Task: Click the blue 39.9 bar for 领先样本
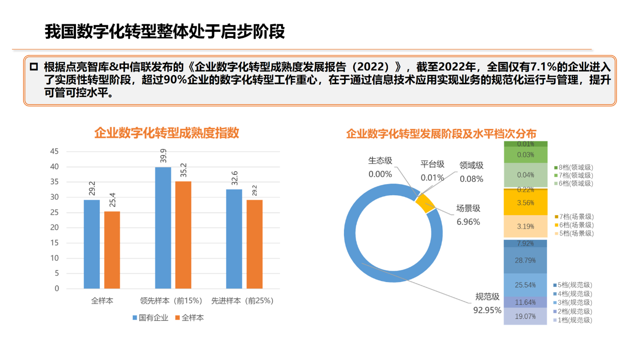point(163,228)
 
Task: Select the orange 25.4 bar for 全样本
point(112,250)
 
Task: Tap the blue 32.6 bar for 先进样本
point(234,238)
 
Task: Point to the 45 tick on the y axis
point(54,152)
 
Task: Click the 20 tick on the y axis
point(54,228)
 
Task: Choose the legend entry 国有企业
point(150,318)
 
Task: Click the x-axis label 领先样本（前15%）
point(171,301)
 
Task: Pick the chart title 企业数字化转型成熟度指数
point(166,133)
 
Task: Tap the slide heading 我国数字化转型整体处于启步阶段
point(165,31)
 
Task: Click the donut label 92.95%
point(487,310)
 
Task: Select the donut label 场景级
point(468,208)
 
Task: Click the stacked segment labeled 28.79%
point(525,260)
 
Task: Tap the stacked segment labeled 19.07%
point(525,316)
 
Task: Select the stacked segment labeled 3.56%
point(525,203)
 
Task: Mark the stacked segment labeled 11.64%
point(525,302)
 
